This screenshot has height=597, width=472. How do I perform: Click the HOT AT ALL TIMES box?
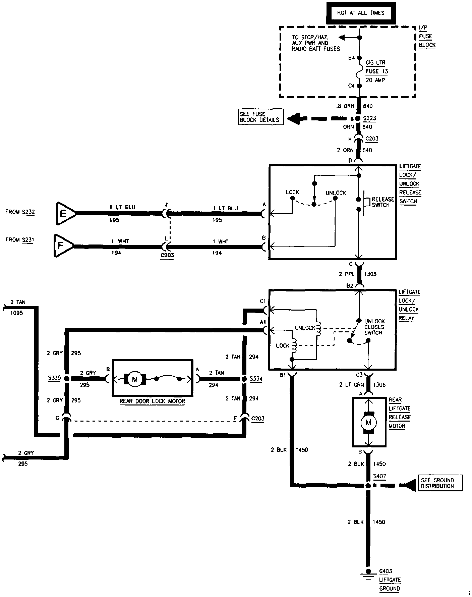360,13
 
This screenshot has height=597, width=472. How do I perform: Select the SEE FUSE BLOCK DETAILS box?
260,117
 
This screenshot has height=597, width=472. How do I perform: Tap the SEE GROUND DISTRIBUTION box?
440,483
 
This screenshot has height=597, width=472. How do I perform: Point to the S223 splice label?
370,118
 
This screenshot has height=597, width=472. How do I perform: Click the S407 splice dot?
368,486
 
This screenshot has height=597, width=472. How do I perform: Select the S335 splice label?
54,378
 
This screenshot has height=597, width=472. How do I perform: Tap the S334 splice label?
256,379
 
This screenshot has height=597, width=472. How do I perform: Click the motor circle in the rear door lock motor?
135,379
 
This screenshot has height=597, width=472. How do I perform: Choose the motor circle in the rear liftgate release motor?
368,423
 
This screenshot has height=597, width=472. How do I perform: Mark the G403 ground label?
386,571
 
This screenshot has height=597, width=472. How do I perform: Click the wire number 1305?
370,274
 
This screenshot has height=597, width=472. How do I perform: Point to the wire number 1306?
379,385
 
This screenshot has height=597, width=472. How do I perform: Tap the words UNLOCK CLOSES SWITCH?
374,327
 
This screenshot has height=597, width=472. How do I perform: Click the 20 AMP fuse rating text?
375,80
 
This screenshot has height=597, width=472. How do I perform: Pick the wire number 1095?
17,313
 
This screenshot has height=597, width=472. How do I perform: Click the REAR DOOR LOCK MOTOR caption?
152,401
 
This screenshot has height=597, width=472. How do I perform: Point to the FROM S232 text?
20,212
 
